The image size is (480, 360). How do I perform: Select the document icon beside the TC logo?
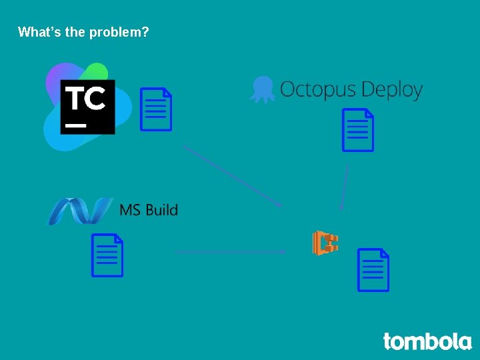pyautogui.click(x=156, y=109)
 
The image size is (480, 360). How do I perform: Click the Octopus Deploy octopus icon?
pyautogui.click(x=262, y=89)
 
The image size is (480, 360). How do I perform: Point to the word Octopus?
pyautogui.click(x=316, y=89)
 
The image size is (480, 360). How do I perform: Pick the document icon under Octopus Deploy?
pyautogui.click(x=358, y=130)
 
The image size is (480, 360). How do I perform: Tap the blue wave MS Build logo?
pyautogui.click(x=79, y=211)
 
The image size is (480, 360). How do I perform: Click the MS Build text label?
pyautogui.click(x=149, y=210)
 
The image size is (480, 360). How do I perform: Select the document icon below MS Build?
pyautogui.click(x=107, y=255)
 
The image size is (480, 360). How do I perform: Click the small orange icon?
pyautogui.click(x=325, y=243)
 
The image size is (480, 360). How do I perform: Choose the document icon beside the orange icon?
pyautogui.click(x=373, y=270)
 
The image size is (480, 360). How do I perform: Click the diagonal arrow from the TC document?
pyautogui.click(x=233, y=176)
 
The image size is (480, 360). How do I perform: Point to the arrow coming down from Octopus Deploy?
pyautogui.click(x=345, y=187)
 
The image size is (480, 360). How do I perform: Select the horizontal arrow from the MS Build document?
pyautogui.click(x=231, y=252)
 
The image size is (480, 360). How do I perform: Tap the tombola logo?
pyautogui.click(x=427, y=341)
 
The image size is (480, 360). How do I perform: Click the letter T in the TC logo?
pyautogui.click(x=75, y=98)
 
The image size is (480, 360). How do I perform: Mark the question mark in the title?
pyautogui.click(x=145, y=31)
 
